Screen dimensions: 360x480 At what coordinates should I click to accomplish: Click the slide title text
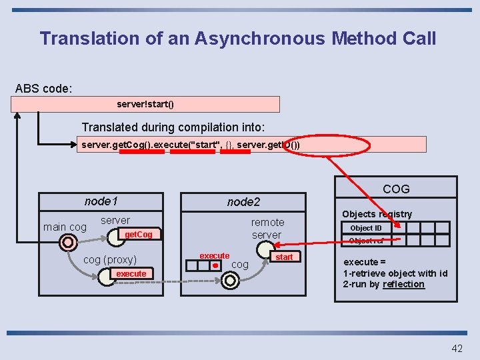(238, 38)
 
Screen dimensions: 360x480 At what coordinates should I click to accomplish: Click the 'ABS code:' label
(44, 89)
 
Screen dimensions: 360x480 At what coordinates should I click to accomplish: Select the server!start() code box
(145, 105)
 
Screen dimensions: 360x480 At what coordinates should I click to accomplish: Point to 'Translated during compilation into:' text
(173, 127)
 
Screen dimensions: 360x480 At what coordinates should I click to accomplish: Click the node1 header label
(101, 201)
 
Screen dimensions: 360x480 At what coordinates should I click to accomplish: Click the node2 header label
(243, 201)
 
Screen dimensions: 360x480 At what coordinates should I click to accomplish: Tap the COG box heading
(396, 189)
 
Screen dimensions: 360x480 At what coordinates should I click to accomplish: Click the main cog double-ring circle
(66, 243)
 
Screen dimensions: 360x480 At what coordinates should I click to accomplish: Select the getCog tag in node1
(138, 234)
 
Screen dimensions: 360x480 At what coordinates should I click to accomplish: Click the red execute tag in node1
(131, 274)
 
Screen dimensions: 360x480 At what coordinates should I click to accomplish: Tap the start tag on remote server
(284, 257)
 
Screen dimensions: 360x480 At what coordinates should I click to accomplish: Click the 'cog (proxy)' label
(109, 260)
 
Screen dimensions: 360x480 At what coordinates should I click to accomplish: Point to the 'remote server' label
(267, 229)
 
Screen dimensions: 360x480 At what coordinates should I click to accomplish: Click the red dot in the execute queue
(215, 265)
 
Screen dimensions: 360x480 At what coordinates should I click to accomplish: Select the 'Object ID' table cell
(366, 228)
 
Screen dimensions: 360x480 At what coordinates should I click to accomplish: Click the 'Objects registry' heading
(377, 214)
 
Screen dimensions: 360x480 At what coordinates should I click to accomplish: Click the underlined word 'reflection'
(403, 284)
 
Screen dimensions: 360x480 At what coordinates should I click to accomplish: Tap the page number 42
(457, 348)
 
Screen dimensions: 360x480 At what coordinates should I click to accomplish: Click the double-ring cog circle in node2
(229, 281)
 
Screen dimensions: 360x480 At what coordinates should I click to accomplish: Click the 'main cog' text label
(65, 227)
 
